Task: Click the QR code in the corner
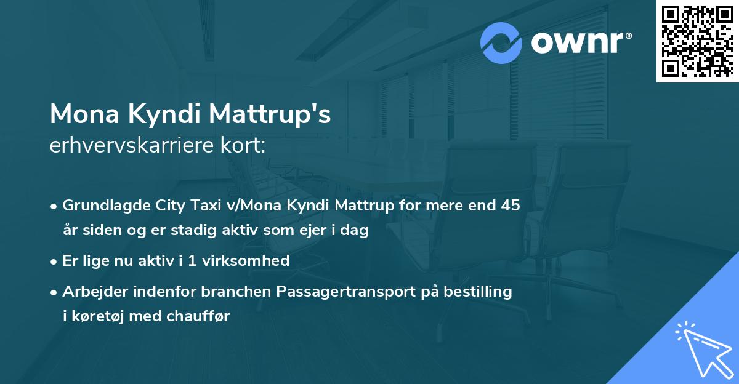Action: pos(697,41)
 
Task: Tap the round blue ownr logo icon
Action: pos(501,42)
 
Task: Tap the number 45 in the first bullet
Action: pos(511,206)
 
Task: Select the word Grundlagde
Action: pos(99,206)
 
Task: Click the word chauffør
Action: pos(201,316)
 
